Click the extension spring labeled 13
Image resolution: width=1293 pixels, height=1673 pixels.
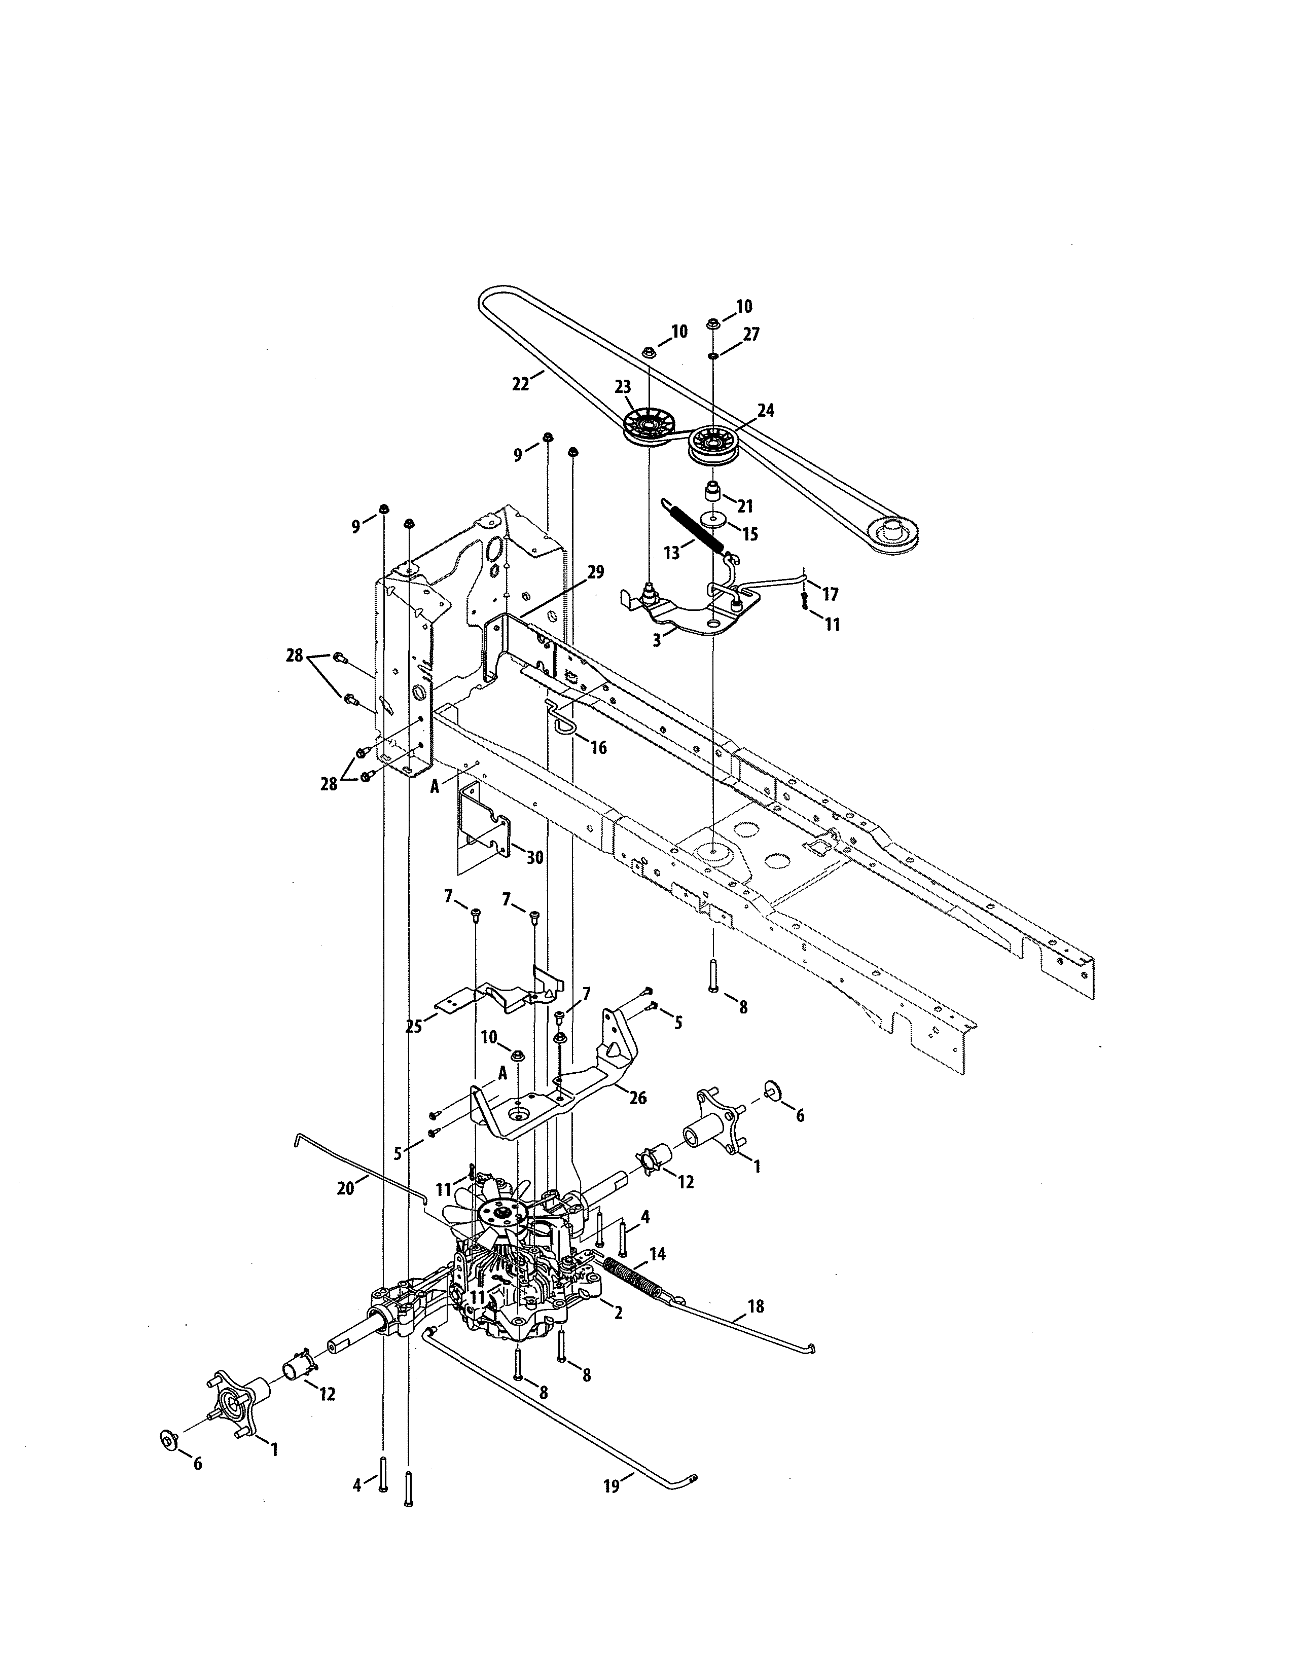point(693,523)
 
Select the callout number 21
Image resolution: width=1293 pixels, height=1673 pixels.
point(744,506)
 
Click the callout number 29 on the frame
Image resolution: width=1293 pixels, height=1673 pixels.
point(595,572)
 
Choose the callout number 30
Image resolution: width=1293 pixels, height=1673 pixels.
point(534,857)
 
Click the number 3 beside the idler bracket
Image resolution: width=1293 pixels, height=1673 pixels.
point(657,640)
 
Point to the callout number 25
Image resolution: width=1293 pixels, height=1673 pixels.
point(414,1027)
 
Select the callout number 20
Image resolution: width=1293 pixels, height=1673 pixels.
point(345,1188)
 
